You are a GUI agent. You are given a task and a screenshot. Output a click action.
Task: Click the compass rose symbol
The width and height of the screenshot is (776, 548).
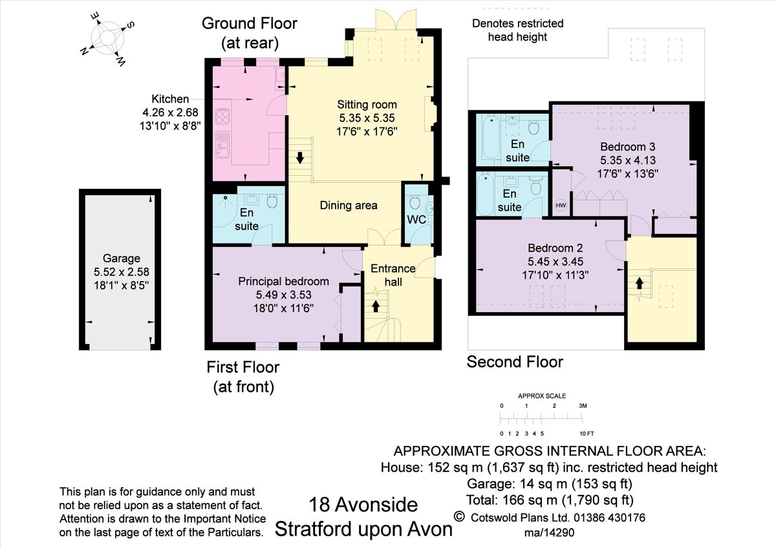(x=107, y=38)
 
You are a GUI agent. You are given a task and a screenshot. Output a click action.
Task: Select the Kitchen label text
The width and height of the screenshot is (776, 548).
(x=170, y=99)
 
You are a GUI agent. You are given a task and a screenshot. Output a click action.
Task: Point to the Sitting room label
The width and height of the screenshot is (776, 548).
(x=367, y=105)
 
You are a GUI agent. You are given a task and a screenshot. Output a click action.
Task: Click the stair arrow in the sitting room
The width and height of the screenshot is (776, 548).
(x=300, y=158)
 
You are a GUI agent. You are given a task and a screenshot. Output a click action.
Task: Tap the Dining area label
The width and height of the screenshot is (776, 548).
(x=349, y=205)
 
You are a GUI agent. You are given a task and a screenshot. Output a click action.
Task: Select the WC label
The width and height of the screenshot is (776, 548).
(x=416, y=219)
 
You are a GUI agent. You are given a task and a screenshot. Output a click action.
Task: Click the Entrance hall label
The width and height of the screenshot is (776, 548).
(x=393, y=275)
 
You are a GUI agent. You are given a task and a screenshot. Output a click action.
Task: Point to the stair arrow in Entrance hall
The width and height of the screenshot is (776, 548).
(x=376, y=306)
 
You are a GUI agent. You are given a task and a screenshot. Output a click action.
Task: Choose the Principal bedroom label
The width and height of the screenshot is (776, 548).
(x=283, y=281)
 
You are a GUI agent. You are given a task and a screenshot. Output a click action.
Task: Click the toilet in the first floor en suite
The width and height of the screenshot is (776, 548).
(x=272, y=202)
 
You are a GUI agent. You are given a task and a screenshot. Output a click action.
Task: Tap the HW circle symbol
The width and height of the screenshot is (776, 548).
(x=561, y=205)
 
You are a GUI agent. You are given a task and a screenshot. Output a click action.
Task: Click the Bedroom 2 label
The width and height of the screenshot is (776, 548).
(x=555, y=248)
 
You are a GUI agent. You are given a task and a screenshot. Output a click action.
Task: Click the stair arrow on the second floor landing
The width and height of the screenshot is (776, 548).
(x=640, y=283)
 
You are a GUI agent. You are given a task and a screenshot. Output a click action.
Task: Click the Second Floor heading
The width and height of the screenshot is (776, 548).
(x=515, y=362)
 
